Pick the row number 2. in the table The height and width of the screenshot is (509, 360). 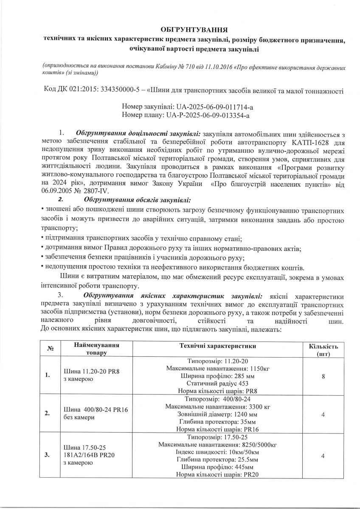coord(48,414)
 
